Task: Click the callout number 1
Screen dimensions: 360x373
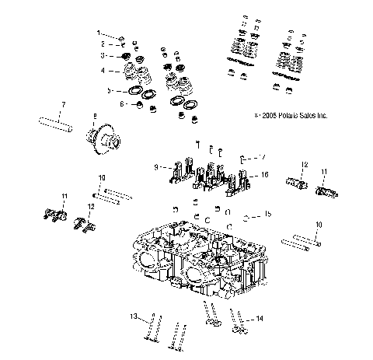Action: coord(99,33)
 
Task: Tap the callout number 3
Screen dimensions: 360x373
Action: coord(102,56)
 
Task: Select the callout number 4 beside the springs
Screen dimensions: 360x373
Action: coord(102,71)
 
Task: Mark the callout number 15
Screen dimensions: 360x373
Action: coord(267,213)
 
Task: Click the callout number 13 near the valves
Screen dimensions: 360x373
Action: coord(133,316)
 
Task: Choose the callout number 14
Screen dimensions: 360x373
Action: coord(260,318)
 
